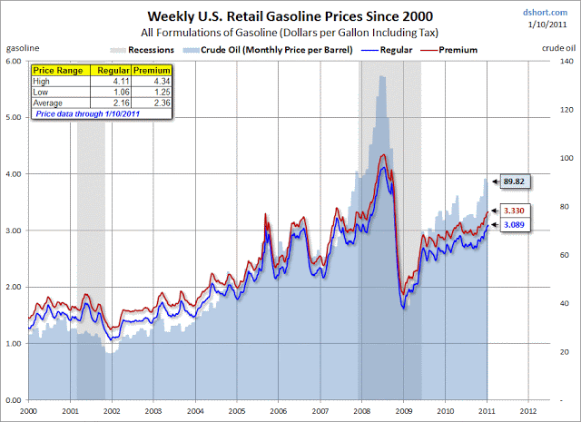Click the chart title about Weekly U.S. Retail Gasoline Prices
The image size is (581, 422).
point(284,15)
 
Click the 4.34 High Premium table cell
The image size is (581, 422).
point(152,81)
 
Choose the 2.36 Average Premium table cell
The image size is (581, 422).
point(152,103)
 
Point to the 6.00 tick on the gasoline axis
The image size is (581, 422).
point(13,61)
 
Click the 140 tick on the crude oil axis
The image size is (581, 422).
point(564,61)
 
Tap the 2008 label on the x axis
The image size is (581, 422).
point(362,411)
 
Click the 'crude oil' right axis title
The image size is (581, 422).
point(561,44)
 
